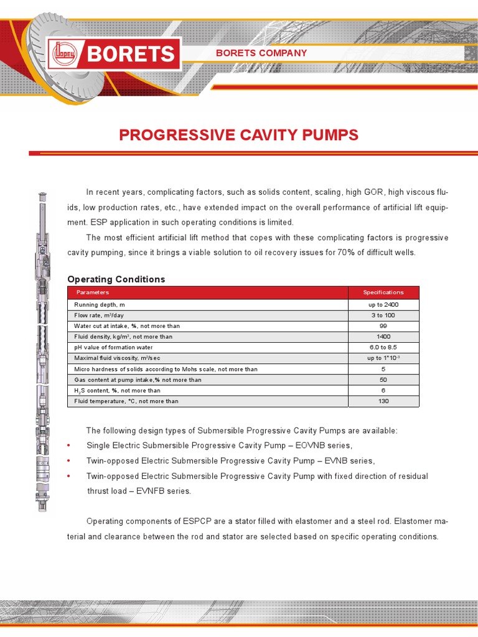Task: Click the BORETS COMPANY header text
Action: pos(261,53)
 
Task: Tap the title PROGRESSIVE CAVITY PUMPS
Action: pos(238,135)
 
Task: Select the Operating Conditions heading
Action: pos(116,279)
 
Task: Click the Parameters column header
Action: pos(92,292)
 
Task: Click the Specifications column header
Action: pos(383,292)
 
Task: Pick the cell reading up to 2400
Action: pos(383,305)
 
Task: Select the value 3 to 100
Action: pos(383,315)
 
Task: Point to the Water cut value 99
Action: pos(383,326)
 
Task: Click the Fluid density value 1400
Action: pos(383,337)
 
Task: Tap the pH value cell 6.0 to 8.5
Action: pos(383,348)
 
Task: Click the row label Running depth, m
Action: pos(100,305)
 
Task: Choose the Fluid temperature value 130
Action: pos(383,401)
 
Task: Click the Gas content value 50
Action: pos(383,379)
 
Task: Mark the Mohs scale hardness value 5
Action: pos(383,369)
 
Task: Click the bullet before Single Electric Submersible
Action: pos(68,446)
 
